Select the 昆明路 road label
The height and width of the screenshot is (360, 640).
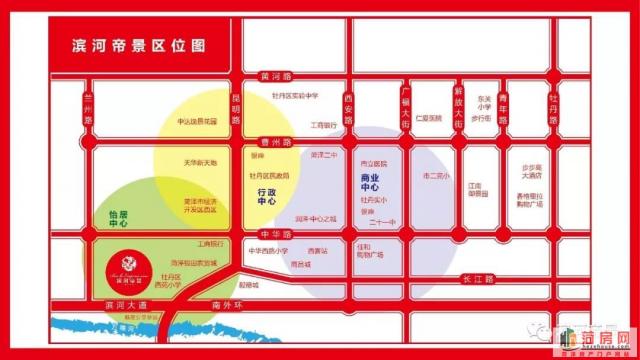(237, 106)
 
